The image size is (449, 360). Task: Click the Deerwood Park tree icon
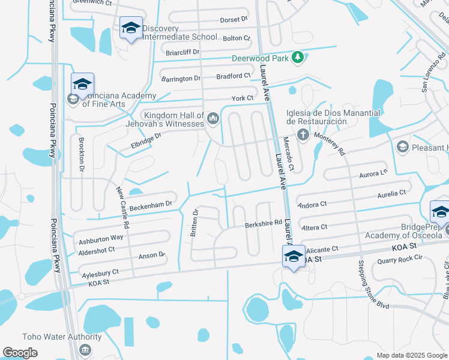(297, 58)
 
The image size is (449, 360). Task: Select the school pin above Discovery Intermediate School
(130, 28)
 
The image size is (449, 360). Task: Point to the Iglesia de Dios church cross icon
(302, 134)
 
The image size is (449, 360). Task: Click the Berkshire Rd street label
(263, 224)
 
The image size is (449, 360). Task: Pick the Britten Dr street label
(194, 223)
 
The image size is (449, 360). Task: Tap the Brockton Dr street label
(82, 154)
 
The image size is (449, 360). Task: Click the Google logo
(20, 353)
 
